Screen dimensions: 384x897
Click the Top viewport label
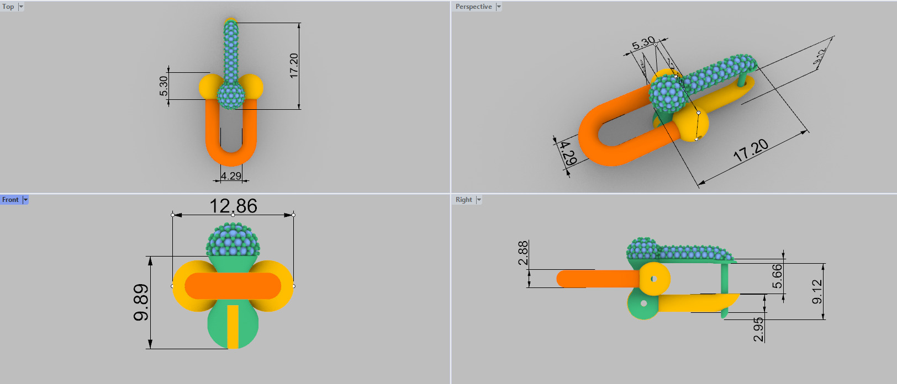pyautogui.click(x=8, y=7)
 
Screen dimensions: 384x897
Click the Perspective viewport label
pyautogui.click(x=473, y=7)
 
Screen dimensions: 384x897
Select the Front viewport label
pyautogui.click(x=10, y=200)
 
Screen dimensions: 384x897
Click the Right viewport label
pyautogui.click(x=463, y=200)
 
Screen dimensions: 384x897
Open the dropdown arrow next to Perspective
pyautogui.click(x=499, y=7)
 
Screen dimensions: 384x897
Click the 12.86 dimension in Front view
pyautogui.click(x=233, y=206)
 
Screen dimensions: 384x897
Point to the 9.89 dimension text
pyautogui.click(x=141, y=302)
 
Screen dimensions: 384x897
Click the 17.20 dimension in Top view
pyautogui.click(x=294, y=65)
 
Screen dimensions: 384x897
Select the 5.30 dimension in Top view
pyautogui.click(x=163, y=86)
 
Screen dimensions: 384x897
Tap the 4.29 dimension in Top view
pyautogui.click(x=231, y=176)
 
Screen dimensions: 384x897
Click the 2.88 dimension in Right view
pyautogui.click(x=523, y=253)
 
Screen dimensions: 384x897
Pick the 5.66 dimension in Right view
pyautogui.click(x=777, y=276)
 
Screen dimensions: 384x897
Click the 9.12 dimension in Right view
pyautogui.click(x=817, y=291)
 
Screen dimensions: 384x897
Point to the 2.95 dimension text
pyautogui.click(x=759, y=329)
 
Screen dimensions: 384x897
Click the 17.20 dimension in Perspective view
pyautogui.click(x=751, y=150)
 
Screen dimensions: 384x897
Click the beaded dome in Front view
pyautogui.click(x=233, y=241)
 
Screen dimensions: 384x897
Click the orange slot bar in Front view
pyautogui.click(x=233, y=286)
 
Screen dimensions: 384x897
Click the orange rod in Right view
pyautogui.click(x=597, y=279)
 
